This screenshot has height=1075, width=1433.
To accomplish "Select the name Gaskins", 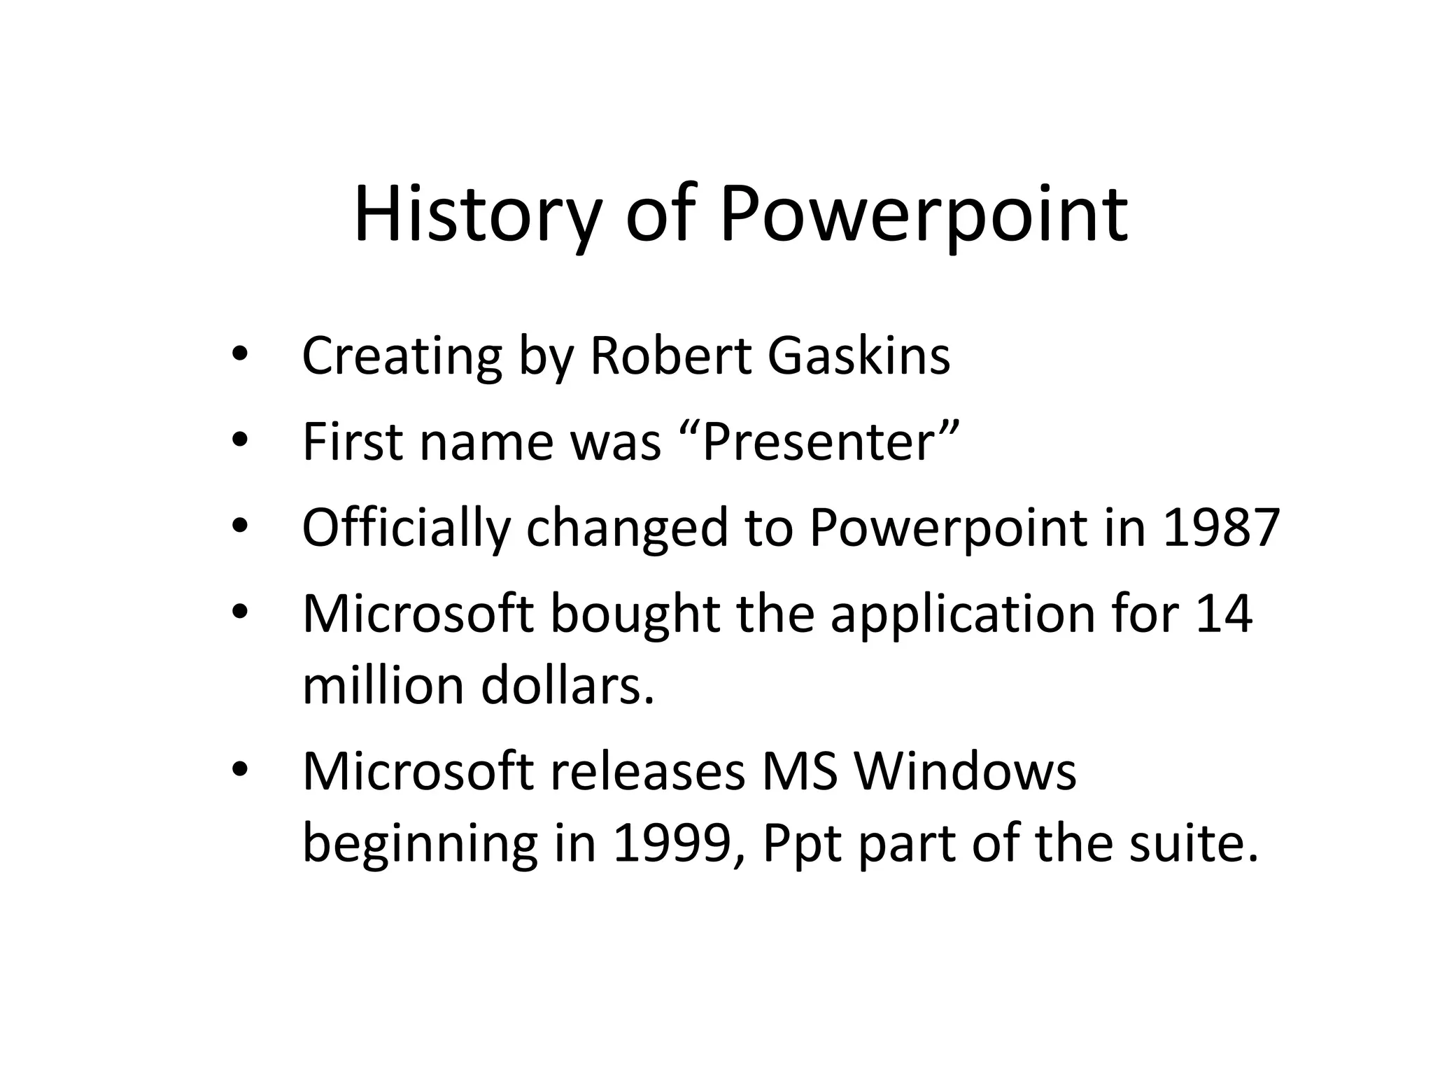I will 859,356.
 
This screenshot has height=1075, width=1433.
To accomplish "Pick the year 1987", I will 1220,527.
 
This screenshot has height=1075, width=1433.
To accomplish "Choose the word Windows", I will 965,771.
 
